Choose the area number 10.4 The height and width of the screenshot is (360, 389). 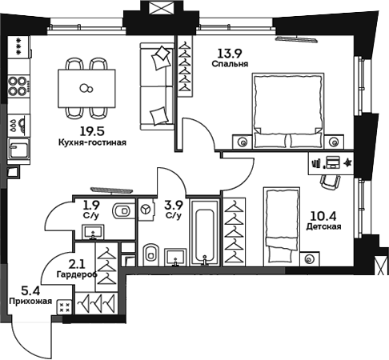323,214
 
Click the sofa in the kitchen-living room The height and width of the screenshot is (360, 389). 158,86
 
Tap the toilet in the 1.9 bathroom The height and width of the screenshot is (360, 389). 122,212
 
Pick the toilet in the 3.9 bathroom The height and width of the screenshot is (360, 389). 150,255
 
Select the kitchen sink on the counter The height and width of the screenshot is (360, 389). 16,148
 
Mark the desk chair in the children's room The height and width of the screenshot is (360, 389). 329,182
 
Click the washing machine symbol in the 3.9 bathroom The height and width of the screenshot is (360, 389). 146,210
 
